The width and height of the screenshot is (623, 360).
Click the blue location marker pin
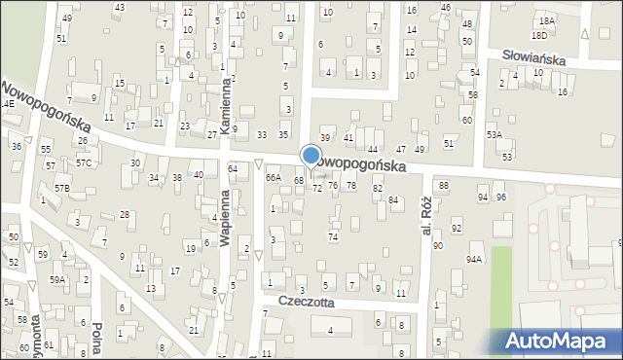click(311, 157)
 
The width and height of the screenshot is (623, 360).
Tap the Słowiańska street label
click(534, 57)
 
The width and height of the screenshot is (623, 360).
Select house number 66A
click(274, 178)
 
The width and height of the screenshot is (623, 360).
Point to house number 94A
click(474, 260)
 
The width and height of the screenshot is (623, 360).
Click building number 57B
click(62, 187)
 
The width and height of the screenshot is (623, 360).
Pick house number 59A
click(58, 280)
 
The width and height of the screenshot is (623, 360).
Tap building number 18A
click(547, 20)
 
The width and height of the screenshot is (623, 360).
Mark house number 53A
click(495, 135)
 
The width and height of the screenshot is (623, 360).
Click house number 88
click(443, 185)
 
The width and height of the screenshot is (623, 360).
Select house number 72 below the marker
click(316, 187)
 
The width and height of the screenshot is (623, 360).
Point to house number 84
click(393, 199)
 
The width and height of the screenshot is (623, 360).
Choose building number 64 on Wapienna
click(233, 169)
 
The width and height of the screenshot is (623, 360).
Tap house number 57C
click(84, 162)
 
